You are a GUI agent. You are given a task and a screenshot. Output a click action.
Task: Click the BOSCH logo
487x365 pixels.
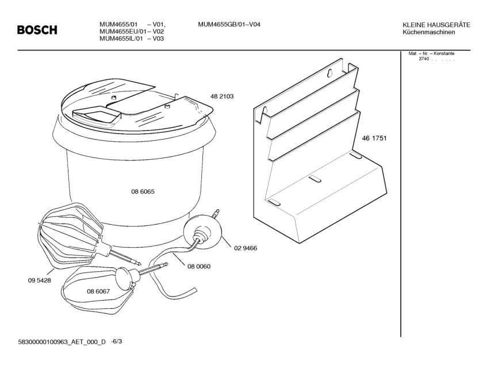[37, 30]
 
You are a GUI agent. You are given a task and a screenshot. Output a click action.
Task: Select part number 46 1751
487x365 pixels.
[373, 139]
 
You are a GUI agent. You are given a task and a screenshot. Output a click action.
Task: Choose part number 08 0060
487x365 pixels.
[198, 266]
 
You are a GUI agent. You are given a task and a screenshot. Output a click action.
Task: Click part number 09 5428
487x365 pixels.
[39, 282]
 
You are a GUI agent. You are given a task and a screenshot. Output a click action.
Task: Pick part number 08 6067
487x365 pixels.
[98, 292]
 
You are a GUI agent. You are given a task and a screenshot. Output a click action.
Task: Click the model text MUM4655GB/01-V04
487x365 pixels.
[229, 24]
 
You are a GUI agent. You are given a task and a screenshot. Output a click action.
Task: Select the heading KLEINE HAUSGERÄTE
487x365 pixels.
[437, 25]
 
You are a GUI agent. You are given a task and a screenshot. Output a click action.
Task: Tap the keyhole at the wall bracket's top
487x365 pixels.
[331, 73]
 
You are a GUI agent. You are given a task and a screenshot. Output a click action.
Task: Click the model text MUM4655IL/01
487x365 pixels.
[120, 39]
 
